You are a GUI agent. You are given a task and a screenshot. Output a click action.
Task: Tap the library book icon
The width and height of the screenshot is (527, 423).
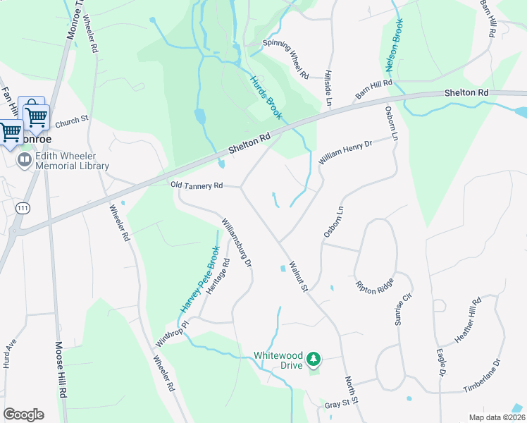click(x=25, y=161)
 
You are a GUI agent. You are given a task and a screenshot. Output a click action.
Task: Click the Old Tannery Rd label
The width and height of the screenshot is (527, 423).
click(x=197, y=185)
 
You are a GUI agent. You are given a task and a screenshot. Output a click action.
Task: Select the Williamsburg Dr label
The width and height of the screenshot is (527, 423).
click(x=237, y=243)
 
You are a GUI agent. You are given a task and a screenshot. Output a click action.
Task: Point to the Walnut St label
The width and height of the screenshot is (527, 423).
click(x=298, y=275)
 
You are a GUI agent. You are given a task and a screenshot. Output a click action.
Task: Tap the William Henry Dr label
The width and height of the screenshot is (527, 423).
click(x=345, y=152)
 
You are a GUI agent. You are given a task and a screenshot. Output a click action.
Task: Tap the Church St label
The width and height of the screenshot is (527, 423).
click(x=70, y=121)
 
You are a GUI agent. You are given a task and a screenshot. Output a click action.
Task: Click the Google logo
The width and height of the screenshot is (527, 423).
click(x=23, y=415)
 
